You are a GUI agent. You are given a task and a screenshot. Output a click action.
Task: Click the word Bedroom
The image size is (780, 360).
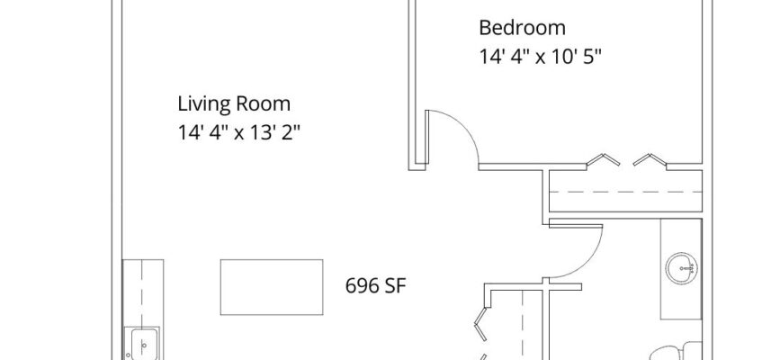[x=522, y=27]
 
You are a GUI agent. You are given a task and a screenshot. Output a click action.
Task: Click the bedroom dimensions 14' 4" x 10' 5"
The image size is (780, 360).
[x=540, y=57]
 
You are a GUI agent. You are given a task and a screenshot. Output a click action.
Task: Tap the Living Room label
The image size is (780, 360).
[x=234, y=104]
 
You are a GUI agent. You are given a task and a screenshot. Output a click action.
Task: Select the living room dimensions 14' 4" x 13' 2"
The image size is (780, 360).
[x=239, y=133]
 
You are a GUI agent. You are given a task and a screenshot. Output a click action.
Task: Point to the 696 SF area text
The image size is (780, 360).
[x=375, y=286]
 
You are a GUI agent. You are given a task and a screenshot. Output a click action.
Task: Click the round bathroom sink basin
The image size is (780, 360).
[x=681, y=268]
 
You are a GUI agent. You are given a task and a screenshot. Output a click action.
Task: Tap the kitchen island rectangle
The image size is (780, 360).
[x=272, y=287]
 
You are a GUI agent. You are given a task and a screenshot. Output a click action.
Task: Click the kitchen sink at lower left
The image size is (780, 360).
[x=142, y=343]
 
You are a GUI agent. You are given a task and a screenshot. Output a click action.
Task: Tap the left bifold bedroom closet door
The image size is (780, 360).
[x=603, y=159]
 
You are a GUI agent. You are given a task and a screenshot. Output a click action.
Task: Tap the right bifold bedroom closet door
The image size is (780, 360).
[x=650, y=159]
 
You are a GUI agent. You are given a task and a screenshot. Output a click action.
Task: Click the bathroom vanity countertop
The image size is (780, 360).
[x=681, y=269]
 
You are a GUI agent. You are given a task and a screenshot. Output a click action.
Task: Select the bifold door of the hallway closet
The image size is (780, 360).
[x=480, y=326]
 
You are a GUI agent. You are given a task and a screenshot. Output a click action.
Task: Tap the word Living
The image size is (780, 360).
[x=204, y=104]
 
